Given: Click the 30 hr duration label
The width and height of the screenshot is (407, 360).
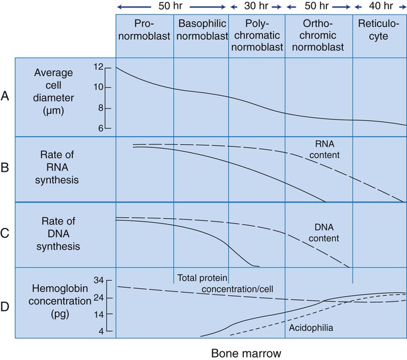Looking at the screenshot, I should tap(256, 6).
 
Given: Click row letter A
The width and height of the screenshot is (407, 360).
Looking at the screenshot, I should tap(6, 98).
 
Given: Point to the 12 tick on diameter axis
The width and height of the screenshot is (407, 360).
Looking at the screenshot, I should tap(98, 66).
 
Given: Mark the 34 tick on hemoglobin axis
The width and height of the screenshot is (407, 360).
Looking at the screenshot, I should tap(98, 280).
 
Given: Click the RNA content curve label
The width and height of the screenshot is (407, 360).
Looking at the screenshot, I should tap(326, 149).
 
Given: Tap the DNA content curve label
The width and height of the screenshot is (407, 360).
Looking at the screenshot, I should tap(326, 233).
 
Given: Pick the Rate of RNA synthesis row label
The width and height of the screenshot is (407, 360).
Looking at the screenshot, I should tap(56, 170).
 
